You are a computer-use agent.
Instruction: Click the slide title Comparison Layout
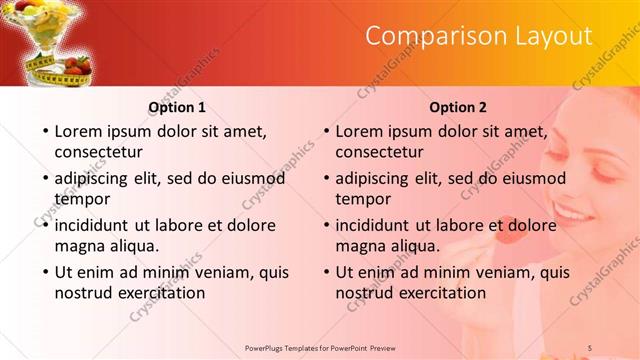click(478, 37)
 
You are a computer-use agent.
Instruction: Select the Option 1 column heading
click(177, 107)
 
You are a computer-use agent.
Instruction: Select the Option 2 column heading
click(458, 107)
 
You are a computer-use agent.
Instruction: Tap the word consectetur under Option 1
click(98, 152)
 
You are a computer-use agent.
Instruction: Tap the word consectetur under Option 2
click(379, 152)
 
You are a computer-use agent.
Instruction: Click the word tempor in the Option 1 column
click(82, 198)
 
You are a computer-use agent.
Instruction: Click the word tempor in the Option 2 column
click(363, 198)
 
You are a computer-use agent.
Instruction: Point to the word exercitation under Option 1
click(160, 293)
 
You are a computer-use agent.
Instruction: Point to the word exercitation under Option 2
click(441, 293)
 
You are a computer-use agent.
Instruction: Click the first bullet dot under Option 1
click(44, 131)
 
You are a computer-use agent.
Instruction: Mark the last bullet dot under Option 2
click(325, 272)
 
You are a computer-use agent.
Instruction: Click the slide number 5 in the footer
click(590, 347)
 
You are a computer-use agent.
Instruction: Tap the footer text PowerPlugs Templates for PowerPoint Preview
click(320, 347)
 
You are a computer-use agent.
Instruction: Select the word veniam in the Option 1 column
click(207, 272)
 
